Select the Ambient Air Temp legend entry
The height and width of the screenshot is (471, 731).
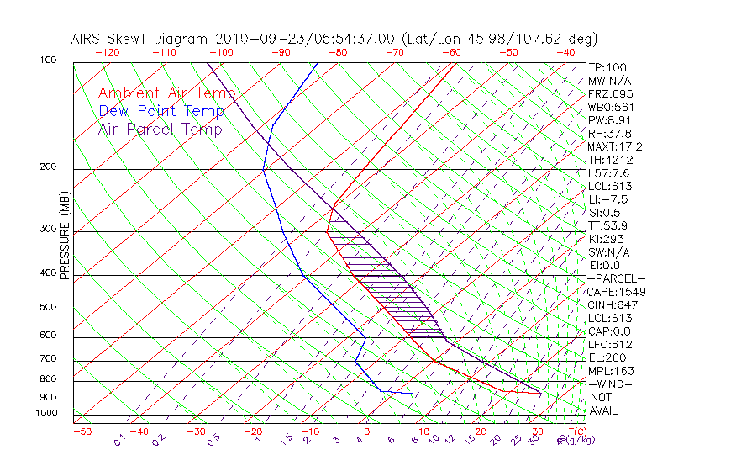click(x=166, y=93)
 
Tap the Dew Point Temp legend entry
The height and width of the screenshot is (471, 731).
click(x=161, y=111)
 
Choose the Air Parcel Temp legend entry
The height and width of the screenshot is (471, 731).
click(x=160, y=129)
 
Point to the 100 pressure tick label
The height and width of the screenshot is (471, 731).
click(x=48, y=61)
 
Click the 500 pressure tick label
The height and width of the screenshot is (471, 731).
click(x=48, y=308)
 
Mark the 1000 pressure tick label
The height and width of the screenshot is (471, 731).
click(x=45, y=414)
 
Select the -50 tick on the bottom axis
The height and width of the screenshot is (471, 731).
click(x=82, y=431)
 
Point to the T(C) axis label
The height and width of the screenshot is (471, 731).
click(x=574, y=431)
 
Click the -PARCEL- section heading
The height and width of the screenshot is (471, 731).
click(x=616, y=278)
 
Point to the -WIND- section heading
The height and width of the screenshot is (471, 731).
click(x=611, y=384)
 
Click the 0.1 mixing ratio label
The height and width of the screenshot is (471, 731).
click(x=119, y=440)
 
